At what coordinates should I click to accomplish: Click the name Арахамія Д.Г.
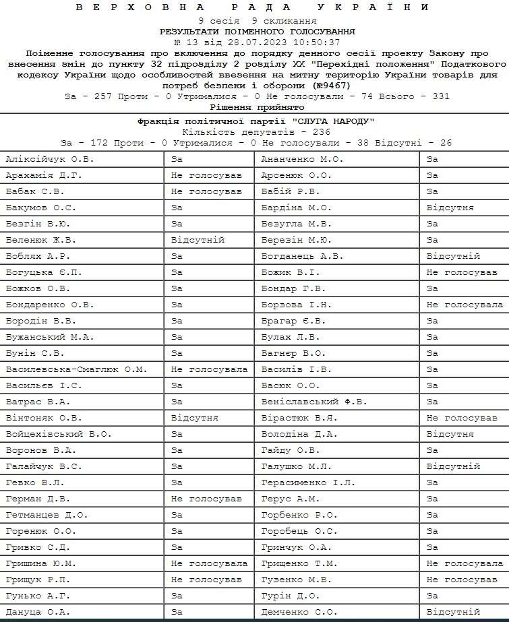(44, 175)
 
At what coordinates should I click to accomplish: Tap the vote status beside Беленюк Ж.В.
(198, 240)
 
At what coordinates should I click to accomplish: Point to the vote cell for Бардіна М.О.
(450, 208)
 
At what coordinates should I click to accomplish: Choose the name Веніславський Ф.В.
(314, 402)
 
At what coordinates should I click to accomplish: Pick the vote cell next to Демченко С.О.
(453, 612)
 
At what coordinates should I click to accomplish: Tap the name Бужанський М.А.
(50, 337)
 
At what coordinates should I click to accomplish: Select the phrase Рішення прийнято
(257, 107)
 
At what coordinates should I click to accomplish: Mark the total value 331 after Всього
(440, 97)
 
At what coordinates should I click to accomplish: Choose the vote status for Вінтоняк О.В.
(195, 418)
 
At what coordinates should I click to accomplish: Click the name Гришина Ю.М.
(41, 563)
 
